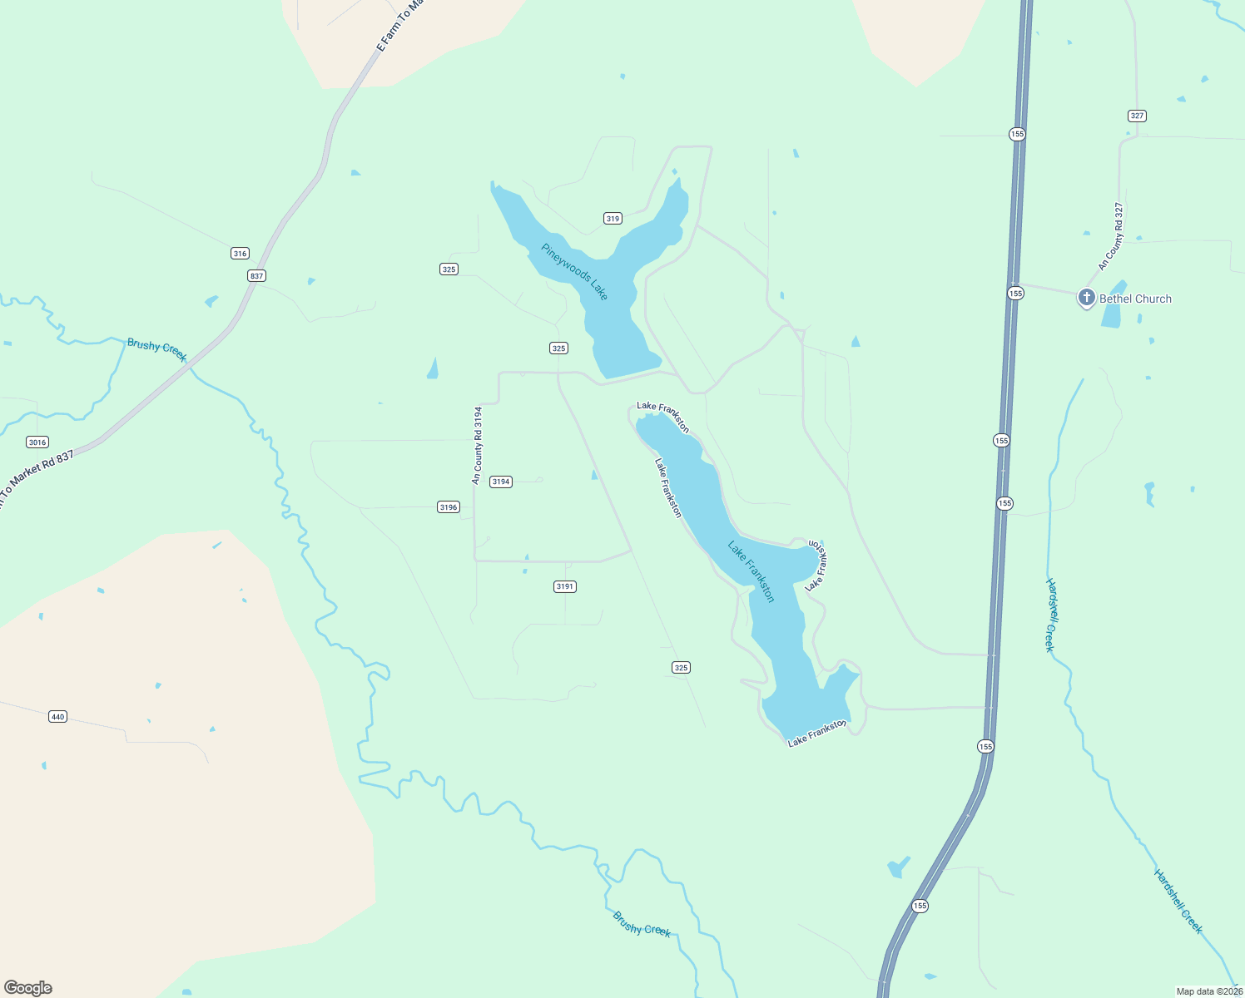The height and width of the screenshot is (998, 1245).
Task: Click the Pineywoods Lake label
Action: click(575, 272)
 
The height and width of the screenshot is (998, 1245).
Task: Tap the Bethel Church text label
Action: click(1135, 299)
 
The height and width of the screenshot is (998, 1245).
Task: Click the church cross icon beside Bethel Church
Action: click(1086, 298)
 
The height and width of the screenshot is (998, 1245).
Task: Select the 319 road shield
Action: click(613, 219)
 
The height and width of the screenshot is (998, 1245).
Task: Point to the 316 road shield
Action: click(240, 254)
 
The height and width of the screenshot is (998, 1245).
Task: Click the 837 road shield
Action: click(256, 275)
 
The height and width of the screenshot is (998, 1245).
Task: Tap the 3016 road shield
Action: click(37, 442)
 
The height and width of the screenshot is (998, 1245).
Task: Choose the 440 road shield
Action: click(57, 717)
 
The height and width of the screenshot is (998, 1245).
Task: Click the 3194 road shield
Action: click(500, 482)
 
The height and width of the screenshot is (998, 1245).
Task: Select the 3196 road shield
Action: click(448, 507)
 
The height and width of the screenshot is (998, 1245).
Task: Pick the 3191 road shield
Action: click(564, 586)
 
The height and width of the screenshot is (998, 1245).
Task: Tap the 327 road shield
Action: click(1137, 116)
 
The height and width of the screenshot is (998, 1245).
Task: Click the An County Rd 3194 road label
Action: click(477, 445)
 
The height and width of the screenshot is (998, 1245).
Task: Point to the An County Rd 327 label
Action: click(1111, 237)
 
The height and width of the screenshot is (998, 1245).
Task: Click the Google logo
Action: click(28, 988)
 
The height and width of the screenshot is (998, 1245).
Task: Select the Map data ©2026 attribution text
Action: click(1209, 991)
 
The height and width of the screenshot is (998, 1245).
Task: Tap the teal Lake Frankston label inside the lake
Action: click(751, 572)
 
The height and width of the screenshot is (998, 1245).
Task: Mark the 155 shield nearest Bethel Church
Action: click(1015, 293)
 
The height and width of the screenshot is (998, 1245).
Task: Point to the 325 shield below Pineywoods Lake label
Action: click(558, 348)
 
